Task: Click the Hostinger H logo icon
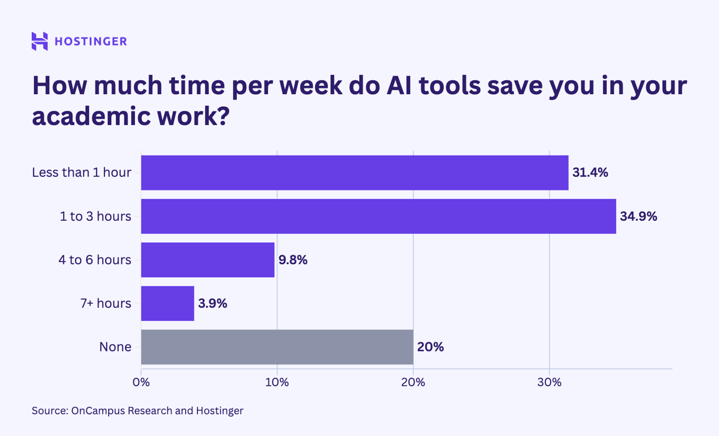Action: [40, 41]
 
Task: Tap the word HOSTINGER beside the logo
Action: [91, 41]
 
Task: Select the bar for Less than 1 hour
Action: [354, 173]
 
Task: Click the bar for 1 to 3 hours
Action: [378, 216]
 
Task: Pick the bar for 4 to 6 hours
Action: [208, 260]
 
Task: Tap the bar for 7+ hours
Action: [167, 303]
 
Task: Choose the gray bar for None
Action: [277, 347]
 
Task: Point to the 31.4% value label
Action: [590, 173]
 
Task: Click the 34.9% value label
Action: [638, 216]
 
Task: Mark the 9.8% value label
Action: [293, 260]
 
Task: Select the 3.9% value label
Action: [213, 303]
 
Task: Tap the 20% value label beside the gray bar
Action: [430, 347]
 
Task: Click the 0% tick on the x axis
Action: [141, 383]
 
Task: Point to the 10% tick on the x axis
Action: [277, 383]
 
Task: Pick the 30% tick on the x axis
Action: [549, 383]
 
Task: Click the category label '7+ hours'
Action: [106, 303]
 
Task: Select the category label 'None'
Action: [115, 347]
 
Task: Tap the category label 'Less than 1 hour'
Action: [82, 173]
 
